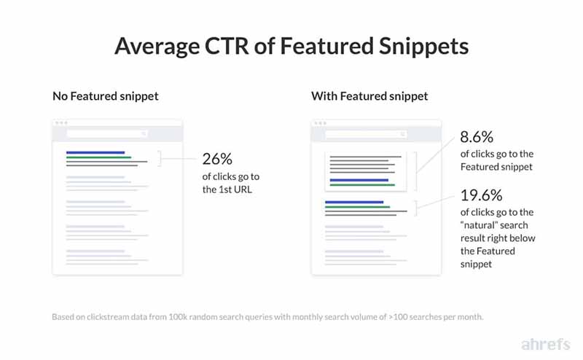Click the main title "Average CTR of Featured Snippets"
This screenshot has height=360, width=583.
(291, 47)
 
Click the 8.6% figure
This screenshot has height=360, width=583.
(477, 138)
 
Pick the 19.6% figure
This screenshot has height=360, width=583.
(481, 195)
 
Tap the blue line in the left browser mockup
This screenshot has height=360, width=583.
(95, 152)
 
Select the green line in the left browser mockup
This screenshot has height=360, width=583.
(98, 157)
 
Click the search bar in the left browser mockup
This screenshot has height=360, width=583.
(107, 133)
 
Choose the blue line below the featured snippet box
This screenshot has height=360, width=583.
(354, 202)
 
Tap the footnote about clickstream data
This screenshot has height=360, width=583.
(267, 318)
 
